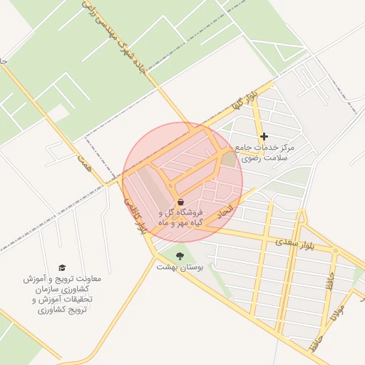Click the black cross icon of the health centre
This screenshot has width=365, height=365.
click(264, 136)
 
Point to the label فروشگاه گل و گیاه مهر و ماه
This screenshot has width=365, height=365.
click(180, 217)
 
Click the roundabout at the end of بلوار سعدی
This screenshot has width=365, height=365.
click(335, 251)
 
